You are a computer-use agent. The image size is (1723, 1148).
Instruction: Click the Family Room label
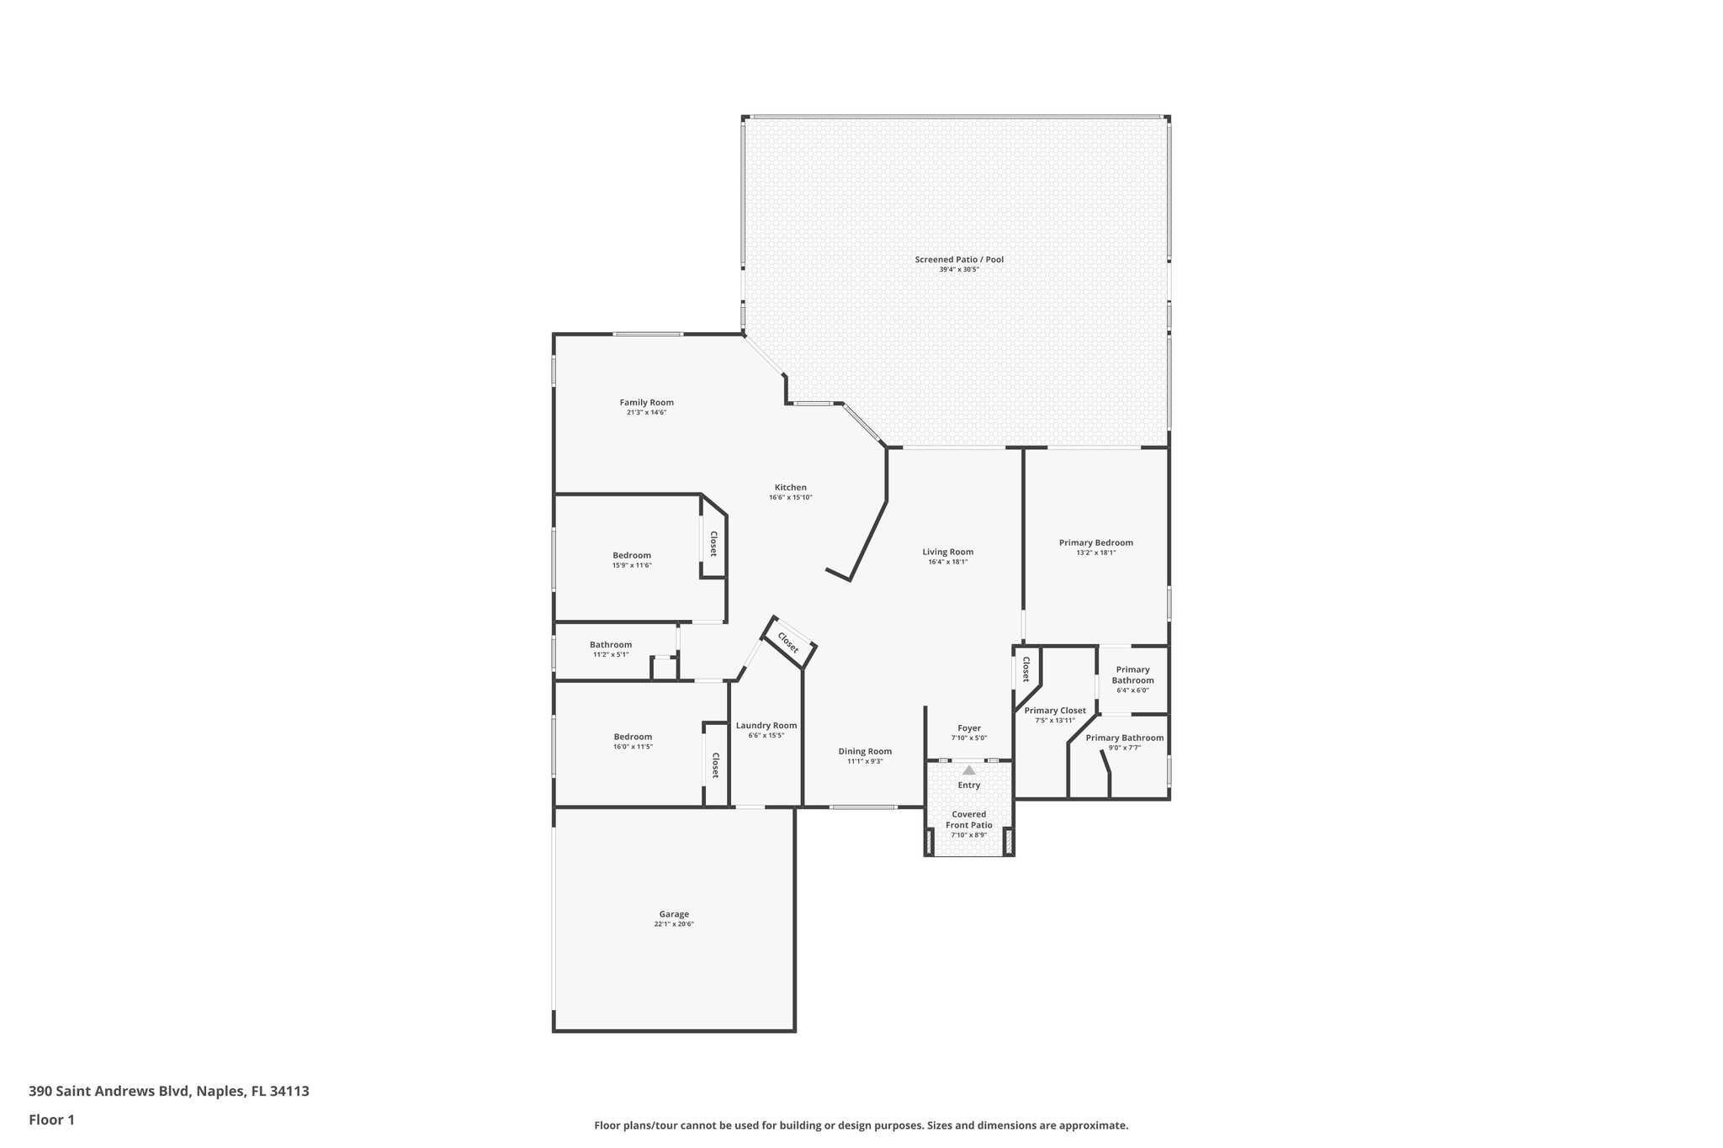point(646,403)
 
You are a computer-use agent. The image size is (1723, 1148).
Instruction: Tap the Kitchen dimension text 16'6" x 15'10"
point(790,498)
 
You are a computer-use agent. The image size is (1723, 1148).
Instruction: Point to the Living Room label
point(947,553)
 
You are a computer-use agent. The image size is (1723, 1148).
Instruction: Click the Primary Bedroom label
point(1095,543)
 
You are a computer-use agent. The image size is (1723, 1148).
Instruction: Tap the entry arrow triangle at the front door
point(968,770)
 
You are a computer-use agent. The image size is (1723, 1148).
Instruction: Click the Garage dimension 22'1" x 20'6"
point(674,924)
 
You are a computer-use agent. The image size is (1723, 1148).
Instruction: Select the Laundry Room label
point(766,726)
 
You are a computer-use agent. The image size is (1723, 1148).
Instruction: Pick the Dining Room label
point(865,752)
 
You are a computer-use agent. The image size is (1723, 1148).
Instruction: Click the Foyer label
point(969,728)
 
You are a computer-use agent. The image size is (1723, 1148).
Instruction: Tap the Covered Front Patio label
point(968,820)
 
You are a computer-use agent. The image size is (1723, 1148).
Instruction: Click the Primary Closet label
point(1055,711)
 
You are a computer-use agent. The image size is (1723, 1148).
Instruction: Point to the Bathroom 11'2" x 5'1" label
point(610,645)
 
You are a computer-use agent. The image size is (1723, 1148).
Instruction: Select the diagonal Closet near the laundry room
point(788,643)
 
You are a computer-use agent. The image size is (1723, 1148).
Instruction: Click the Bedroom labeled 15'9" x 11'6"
point(631,555)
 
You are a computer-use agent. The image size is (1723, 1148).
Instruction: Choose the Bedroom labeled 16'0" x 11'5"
point(632,737)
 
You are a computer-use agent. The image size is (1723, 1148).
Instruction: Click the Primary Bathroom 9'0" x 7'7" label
point(1124,738)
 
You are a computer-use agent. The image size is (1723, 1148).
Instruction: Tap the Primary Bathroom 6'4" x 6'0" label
point(1132,675)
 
